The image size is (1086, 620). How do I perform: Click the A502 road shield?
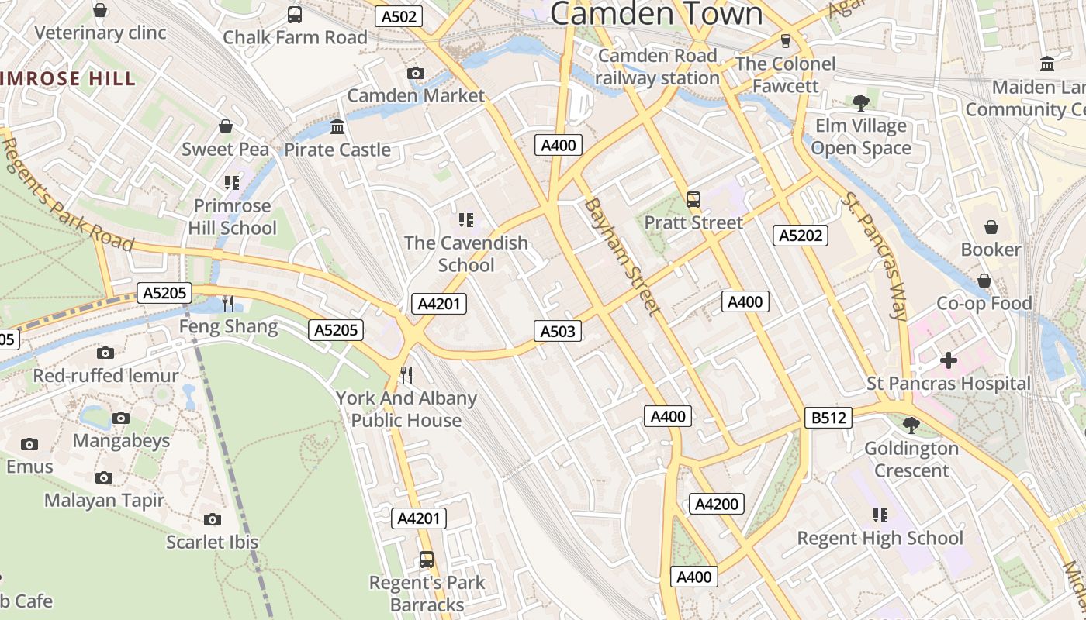click(x=399, y=16)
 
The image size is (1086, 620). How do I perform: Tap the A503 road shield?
click(x=557, y=332)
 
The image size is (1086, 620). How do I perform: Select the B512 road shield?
click(x=828, y=418)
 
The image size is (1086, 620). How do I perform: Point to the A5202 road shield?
click(x=801, y=235)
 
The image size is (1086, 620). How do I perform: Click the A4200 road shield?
click(x=716, y=504)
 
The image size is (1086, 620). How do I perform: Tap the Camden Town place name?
click(x=656, y=14)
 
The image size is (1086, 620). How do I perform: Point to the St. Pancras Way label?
click(x=875, y=256)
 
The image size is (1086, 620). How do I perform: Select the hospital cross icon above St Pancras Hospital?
click(x=948, y=360)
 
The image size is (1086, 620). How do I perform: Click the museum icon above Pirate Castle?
click(x=337, y=126)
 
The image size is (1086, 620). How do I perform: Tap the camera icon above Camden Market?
click(x=416, y=73)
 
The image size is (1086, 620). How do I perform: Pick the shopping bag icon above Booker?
click(x=991, y=226)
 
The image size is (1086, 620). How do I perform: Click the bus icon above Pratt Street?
click(x=693, y=199)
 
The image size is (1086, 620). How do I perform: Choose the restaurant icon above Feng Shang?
click(x=228, y=303)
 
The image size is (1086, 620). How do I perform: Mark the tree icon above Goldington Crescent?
click(x=911, y=425)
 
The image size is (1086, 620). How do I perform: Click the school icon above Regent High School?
click(x=880, y=515)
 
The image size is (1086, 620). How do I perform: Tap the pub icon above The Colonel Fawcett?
click(x=785, y=40)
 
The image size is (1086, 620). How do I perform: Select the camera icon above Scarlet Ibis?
click(x=212, y=519)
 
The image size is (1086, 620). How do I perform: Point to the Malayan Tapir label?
click(x=104, y=501)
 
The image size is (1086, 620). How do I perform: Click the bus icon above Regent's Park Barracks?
click(x=426, y=559)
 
